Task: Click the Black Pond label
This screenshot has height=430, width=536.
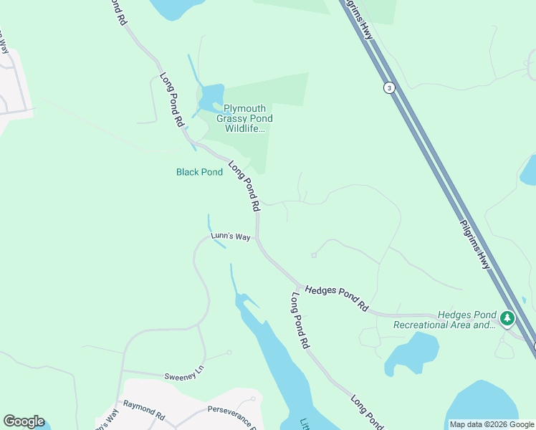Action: (x=199, y=172)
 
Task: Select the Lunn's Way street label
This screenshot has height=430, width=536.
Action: (x=230, y=236)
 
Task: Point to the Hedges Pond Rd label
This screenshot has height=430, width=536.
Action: (x=336, y=298)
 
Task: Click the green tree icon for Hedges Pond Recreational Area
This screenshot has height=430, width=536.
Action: (x=507, y=317)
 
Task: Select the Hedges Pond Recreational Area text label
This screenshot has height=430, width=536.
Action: (x=444, y=320)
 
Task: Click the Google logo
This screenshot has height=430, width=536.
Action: (x=24, y=421)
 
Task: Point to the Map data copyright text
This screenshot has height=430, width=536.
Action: (x=492, y=424)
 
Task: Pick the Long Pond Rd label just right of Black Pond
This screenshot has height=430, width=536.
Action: (x=244, y=186)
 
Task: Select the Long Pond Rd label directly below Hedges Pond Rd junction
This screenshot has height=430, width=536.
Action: (x=300, y=320)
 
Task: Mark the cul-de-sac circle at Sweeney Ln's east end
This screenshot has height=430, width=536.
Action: (x=229, y=352)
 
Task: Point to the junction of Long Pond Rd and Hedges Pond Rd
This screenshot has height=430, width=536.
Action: (x=298, y=285)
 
